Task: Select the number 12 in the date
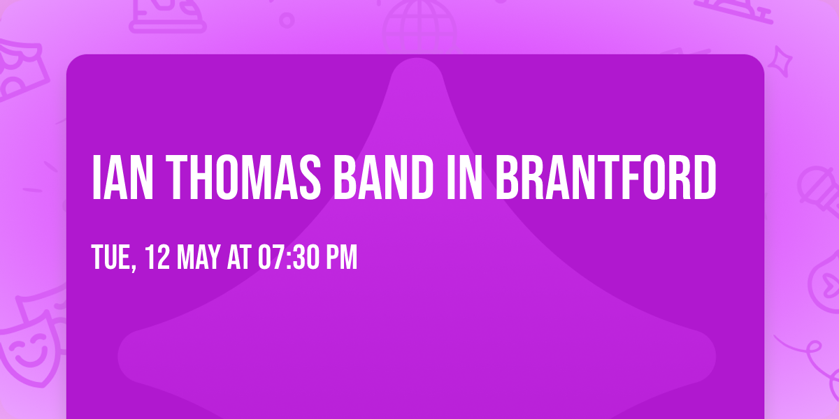click(x=159, y=258)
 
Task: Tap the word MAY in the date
click(x=200, y=258)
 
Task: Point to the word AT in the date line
click(x=239, y=258)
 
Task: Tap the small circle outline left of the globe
click(x=287, y=20)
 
